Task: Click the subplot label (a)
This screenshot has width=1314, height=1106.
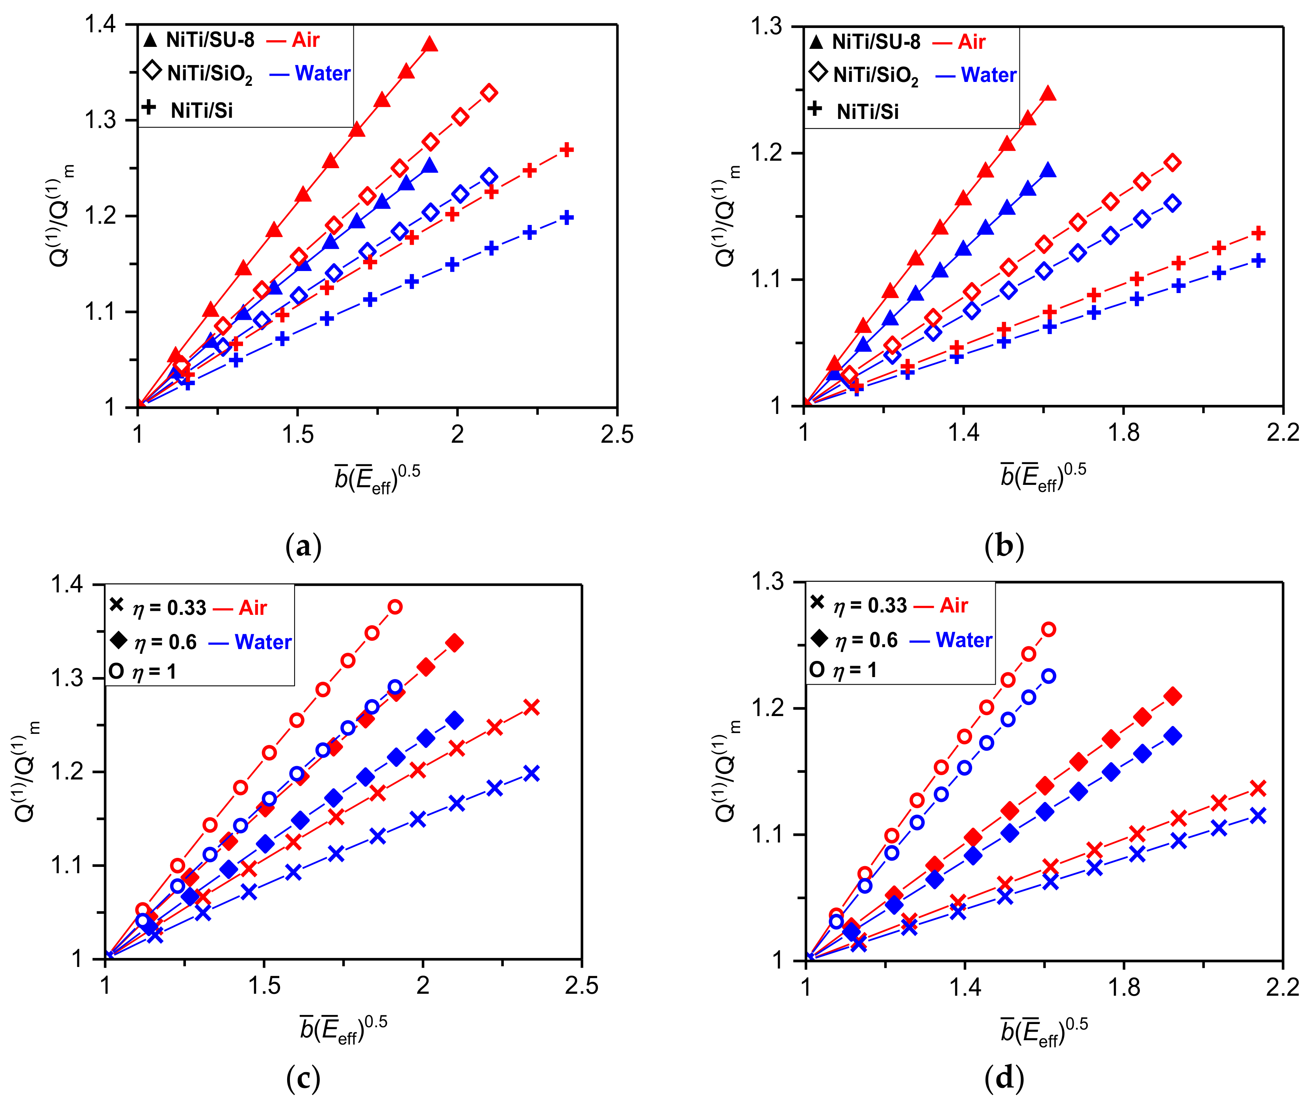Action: point(303,546)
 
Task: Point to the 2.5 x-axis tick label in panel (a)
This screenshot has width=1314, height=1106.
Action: point(617,434)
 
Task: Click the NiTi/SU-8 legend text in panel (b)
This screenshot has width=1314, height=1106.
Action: point(875,42)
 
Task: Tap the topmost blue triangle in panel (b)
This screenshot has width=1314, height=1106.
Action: point(1048,171)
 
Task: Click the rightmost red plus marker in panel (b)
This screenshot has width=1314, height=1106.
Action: point(1258,233)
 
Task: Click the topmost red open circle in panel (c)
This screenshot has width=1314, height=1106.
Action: point(395,607)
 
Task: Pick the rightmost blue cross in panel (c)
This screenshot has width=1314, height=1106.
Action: point(532,773)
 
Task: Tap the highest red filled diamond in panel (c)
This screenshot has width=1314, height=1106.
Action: point(455,643)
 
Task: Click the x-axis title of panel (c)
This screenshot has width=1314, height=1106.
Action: point(343,1028)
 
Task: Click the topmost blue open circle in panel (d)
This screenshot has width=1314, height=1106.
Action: point(1048,676)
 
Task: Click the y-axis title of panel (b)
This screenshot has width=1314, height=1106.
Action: point(727,216)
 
